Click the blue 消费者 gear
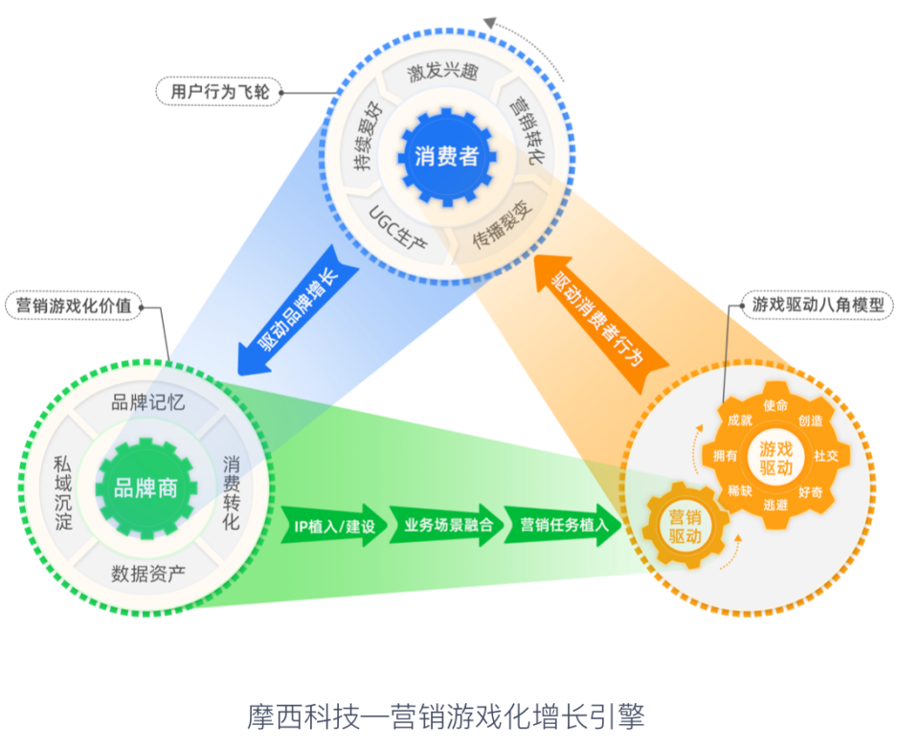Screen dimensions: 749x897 click(446, 157)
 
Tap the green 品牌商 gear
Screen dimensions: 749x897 click(146, 488)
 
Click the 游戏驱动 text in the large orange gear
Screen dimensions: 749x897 click(776, 458)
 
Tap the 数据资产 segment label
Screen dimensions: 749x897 click(148, 574)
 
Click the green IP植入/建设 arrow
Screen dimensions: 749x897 click(334, 526)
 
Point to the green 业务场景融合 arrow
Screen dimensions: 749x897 click(447, 526)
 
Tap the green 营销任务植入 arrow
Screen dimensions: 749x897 click(560, 526)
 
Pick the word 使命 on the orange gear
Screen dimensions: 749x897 click(775, 405)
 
